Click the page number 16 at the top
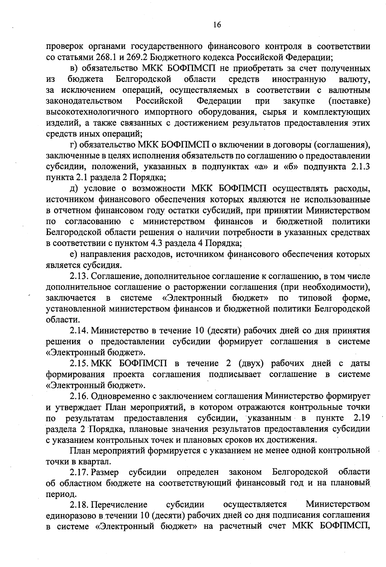tap(217, 25)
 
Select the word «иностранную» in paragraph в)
tap(299, 79)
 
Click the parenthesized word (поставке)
tap(349, 101)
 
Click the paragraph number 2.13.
tap(79, 276)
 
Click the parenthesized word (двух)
tap(251, 363)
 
